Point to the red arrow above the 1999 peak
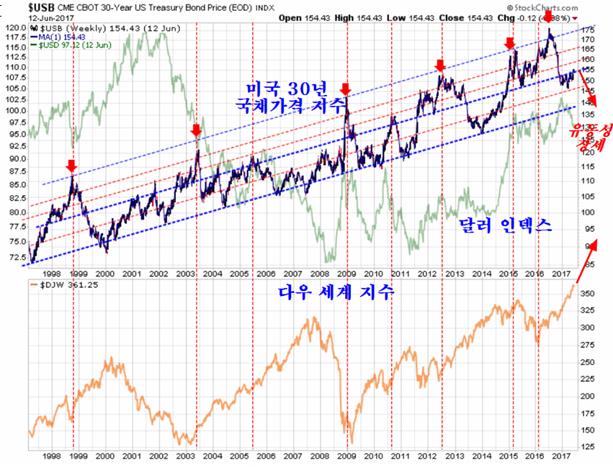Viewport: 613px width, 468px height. [x=71, y=166]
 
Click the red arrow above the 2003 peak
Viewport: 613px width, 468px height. [x=196, y=130]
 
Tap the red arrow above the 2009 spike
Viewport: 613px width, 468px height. [x=346, y=89]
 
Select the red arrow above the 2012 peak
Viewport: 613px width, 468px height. [x=441, y=67]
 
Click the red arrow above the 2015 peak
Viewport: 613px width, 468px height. [x=511, y=45]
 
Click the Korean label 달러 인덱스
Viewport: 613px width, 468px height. [x=506, y=225]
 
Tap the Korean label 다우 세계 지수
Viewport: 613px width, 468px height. [x=336, y=293]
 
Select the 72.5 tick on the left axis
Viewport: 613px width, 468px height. [x=16, y=256]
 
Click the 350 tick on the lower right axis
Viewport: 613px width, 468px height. [x=587, y=294]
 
